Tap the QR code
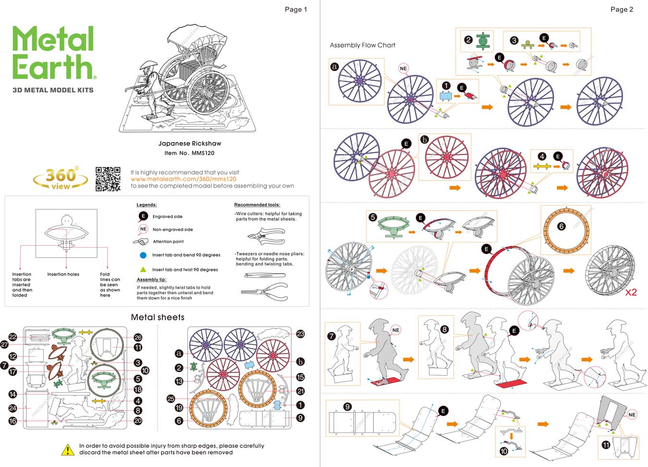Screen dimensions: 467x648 (x=108, y=179)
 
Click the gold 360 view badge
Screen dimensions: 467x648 (x=60, y=179)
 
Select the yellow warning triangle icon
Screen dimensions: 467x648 (x=68, y=450)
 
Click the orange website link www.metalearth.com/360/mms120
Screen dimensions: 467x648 (x=183, y=179)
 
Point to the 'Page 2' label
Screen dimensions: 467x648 (x=622, y=9)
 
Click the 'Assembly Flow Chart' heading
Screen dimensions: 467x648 (x=362, y=45)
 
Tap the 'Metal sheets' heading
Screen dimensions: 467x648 (x=157, y=317)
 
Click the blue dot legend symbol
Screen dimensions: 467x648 (x=143, y=255)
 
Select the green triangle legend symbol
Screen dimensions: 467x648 (x=143, y=269)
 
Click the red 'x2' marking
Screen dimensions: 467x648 (x=631, y=292)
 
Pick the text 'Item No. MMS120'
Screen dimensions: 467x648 (x=190, y=153)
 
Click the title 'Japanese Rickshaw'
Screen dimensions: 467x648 (x=190, y=144)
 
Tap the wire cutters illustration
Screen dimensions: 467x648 (x=265, y=236)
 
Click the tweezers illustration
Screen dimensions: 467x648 (x=264, y=275)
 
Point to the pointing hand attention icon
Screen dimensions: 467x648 (x=141, y=242)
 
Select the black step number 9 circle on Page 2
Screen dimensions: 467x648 (x=348, y=407)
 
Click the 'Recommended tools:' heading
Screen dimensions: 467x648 (x=257, y=205)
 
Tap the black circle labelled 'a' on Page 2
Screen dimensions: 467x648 (x=335, y=67)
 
